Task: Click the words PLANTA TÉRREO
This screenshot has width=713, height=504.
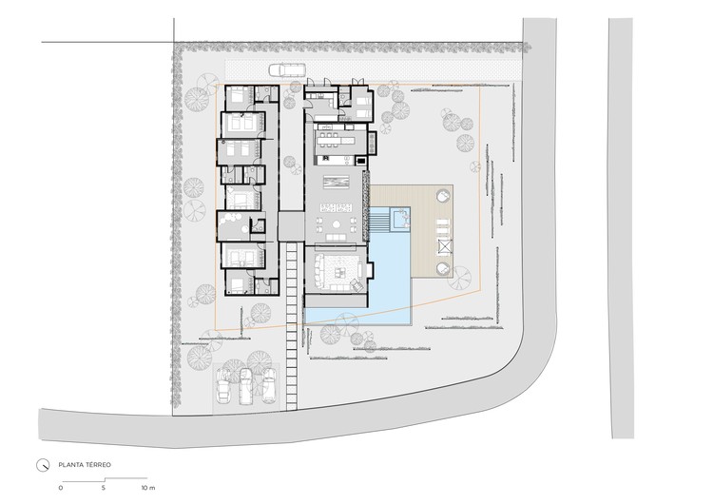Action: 85,465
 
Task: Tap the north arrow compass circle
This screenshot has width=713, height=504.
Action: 42,465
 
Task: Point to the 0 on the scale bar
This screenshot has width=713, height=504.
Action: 61,488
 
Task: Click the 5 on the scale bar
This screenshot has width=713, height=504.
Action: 104,488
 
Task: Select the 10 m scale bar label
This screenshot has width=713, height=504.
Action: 147,488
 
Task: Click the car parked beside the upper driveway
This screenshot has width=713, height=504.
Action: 287,69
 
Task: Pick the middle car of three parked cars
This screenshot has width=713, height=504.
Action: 245,386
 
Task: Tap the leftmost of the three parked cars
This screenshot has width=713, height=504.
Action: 223,386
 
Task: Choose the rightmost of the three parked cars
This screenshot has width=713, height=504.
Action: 269,385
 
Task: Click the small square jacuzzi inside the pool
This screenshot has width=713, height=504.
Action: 400,219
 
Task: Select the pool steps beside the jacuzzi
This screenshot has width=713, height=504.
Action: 378,223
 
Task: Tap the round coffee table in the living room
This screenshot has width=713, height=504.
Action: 337,223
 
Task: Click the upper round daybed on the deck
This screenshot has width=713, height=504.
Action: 443,197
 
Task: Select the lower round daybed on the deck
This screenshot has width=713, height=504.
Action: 443,269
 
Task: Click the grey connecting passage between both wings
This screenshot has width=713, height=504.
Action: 291,226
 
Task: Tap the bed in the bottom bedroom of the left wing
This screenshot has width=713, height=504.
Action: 238,284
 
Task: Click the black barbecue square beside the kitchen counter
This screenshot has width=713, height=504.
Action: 361,160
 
